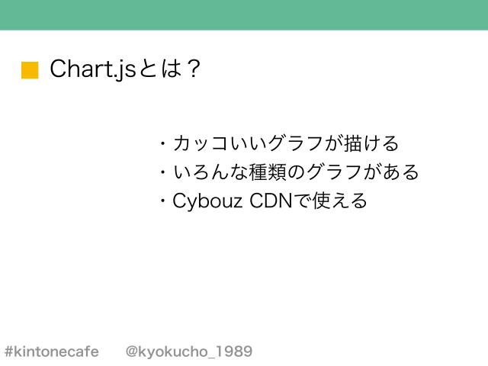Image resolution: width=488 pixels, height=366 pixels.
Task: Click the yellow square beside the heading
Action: point(30,70)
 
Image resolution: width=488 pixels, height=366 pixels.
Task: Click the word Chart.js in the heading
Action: point(92,69)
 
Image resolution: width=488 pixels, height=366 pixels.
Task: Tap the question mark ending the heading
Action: point(193,69)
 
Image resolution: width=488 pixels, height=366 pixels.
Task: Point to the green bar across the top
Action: point(244,14)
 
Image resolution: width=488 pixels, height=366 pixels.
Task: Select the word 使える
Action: point(339,202)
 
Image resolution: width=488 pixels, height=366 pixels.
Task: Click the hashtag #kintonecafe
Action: point(51,352)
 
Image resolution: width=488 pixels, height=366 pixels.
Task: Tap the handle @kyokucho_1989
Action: point(188,352)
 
